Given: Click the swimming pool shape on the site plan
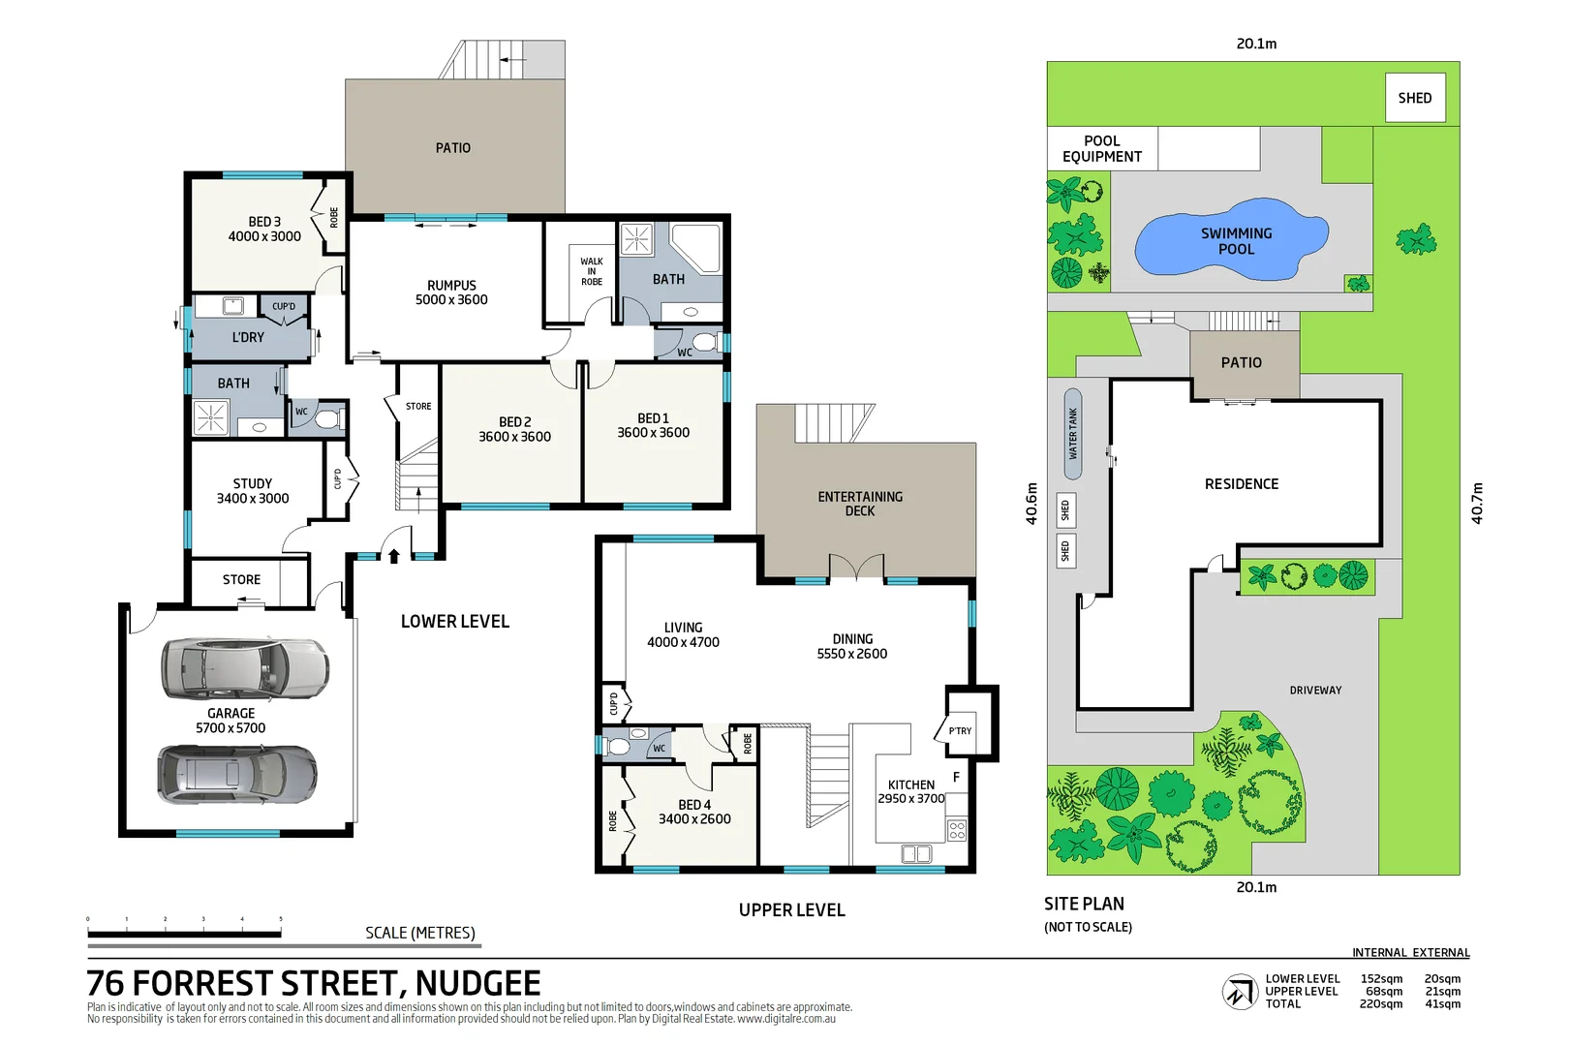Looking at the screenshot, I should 1230,242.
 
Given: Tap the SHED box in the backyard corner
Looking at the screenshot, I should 1414,98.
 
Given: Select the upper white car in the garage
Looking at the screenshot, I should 244,668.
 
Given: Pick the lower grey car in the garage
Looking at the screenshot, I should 237,774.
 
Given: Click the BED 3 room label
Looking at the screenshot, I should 264,229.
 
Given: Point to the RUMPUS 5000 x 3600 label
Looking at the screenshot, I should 451,292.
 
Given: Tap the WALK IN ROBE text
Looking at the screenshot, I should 591,271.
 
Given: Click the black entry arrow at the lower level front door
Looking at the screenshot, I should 394,555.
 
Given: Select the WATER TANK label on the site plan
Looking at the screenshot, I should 1072,433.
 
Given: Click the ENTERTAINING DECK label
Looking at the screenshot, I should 859,504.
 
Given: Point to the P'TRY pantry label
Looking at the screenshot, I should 960,731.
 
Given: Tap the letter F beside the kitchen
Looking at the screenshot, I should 956,777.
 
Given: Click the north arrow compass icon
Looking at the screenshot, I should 1239,992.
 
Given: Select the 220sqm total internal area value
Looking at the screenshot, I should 1380,1004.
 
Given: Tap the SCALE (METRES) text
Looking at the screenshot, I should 419,933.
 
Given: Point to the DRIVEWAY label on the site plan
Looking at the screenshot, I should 1314,691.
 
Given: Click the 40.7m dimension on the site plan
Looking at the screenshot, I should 1476,503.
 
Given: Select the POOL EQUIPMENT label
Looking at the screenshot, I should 1101,148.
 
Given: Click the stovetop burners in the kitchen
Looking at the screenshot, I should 957,830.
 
